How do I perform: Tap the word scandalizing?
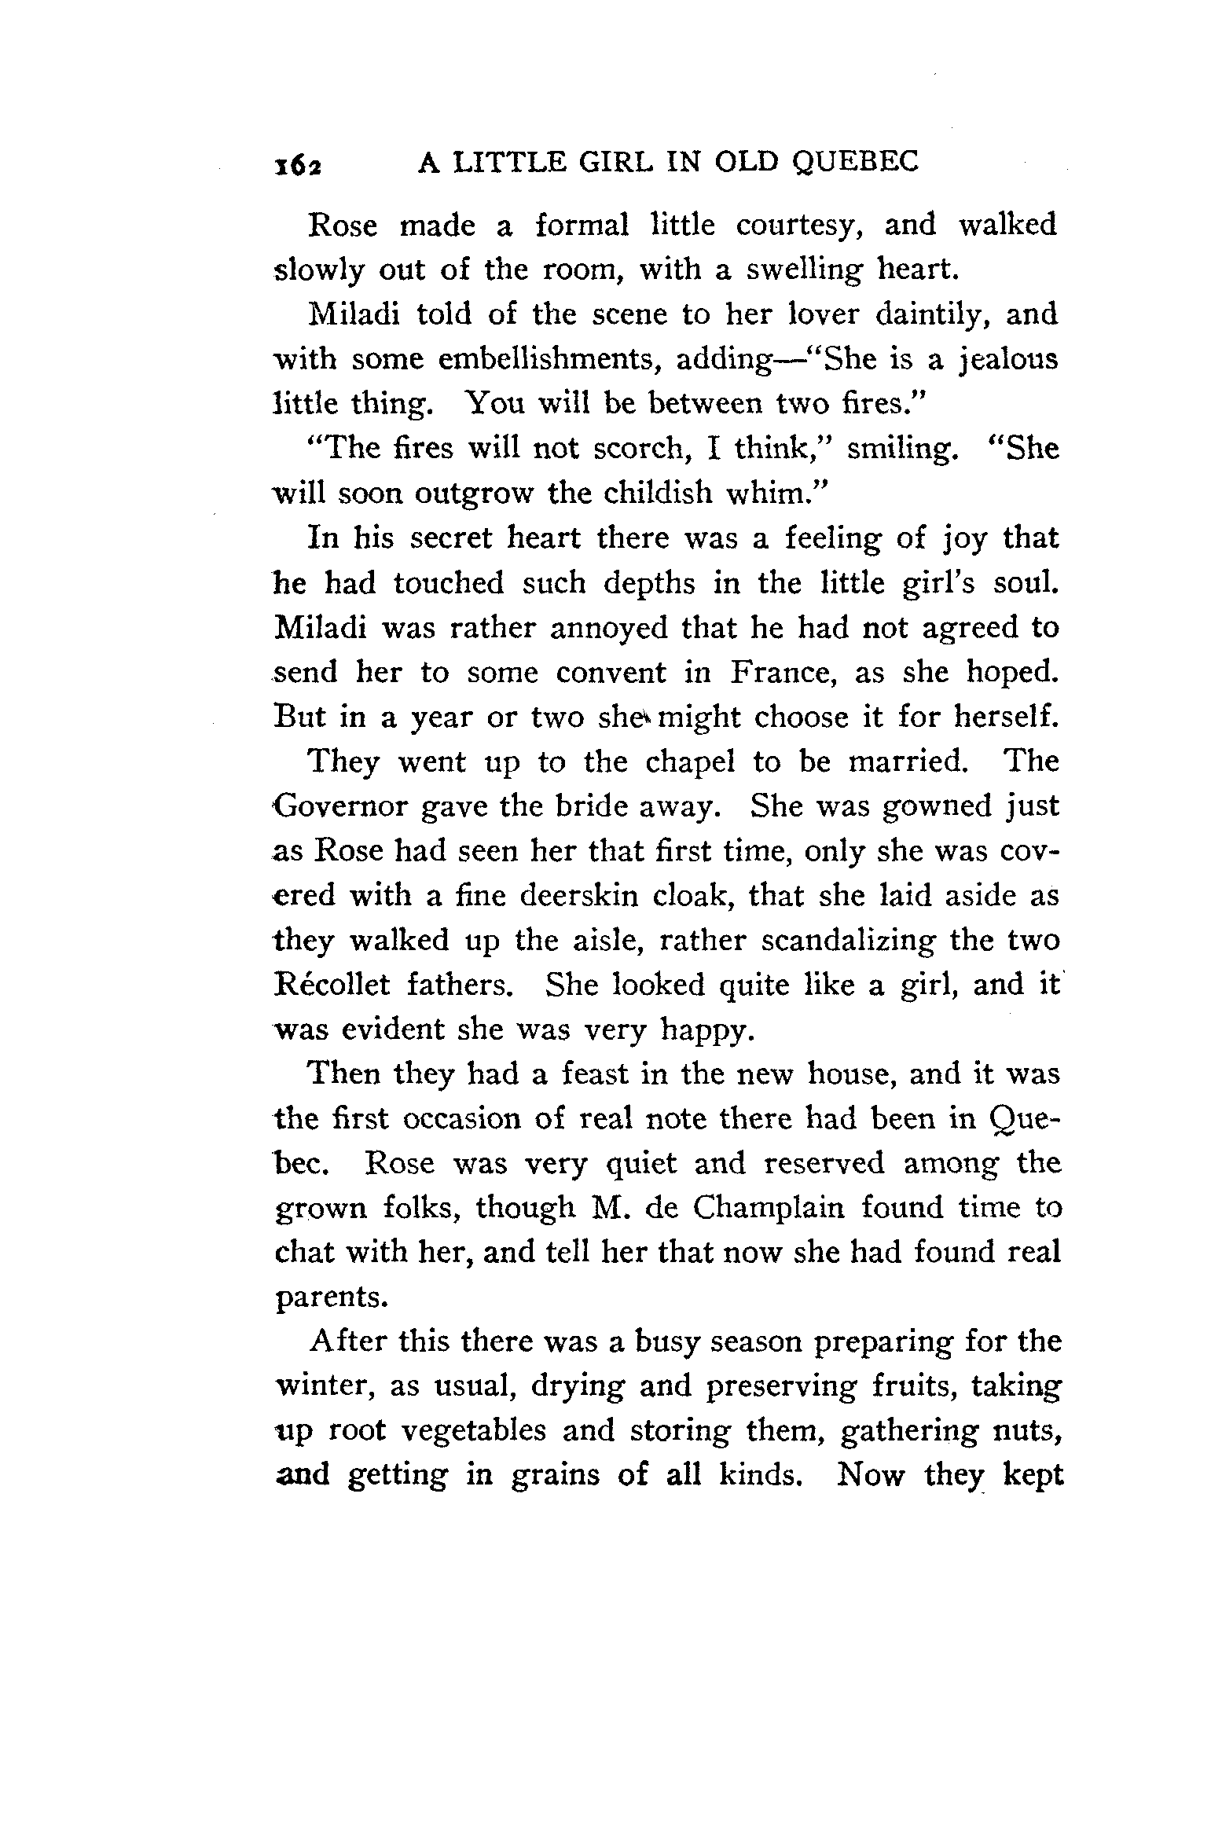point(849,941)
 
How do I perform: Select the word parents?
point(331,1298)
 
